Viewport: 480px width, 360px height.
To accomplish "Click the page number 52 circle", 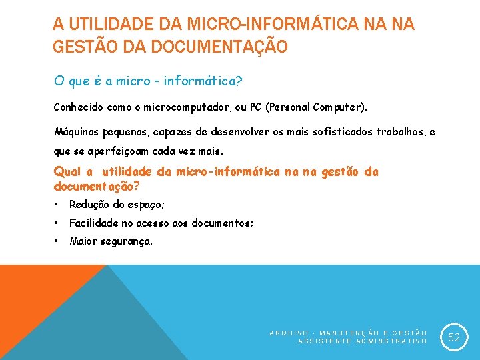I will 454,337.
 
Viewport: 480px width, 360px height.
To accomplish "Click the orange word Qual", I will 67,172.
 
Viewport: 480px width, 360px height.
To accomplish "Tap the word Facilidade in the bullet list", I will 94,223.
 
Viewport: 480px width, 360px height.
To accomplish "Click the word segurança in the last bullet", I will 126,241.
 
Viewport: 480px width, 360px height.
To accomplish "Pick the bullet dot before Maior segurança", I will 58,241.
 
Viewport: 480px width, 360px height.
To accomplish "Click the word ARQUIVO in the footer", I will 289,332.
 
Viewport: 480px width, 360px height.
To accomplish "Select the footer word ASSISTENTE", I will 323,341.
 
